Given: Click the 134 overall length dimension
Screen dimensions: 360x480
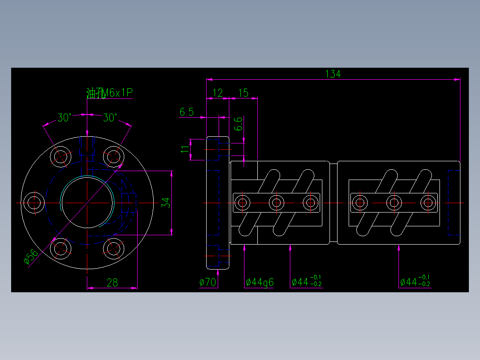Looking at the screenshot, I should click(333, 74).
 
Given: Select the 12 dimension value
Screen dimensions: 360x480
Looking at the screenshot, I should click(218, 93).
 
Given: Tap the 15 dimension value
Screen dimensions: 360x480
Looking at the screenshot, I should click(243, 93).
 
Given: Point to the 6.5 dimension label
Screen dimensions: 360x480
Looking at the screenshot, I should click(187, 112).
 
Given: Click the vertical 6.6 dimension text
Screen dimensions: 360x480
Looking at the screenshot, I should click(238, 124).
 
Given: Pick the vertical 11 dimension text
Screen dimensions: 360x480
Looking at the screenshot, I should click(185, 149).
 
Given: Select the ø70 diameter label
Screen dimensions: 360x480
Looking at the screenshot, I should click(207, 282).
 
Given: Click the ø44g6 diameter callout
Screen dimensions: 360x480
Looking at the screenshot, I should click(260, 282).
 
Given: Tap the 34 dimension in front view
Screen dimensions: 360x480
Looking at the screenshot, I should click(165, 203).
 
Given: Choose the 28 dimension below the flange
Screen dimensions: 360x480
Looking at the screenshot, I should click(112, 282).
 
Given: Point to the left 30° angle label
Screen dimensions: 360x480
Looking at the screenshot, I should click(64, 118).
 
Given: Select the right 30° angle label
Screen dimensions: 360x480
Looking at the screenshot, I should click(110, 118).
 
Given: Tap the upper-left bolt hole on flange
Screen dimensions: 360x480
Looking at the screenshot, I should click(61, 156).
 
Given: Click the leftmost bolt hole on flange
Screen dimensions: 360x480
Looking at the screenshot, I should click(33, 203).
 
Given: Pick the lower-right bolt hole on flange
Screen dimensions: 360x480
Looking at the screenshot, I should click(114, 248).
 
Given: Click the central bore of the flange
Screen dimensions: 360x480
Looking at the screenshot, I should click(87, 203).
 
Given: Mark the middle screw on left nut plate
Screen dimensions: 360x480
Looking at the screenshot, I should click(277, 203).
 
